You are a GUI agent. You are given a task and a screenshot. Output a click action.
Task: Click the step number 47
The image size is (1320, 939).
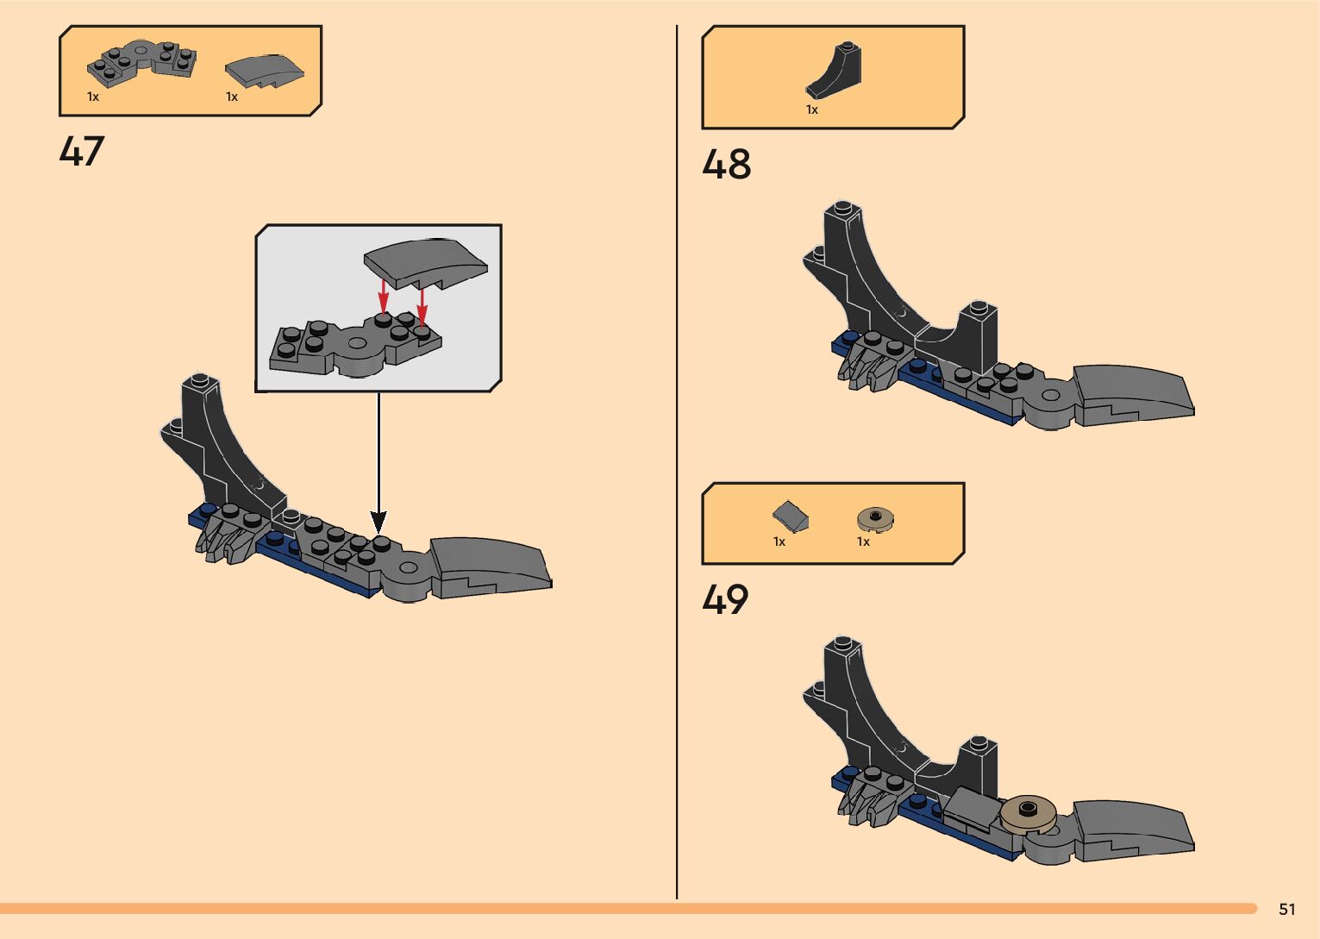pyautogui.click(x=82, y=152)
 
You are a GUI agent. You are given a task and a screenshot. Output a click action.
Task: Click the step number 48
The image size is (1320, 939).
pyautogui.click(x=726, y=165)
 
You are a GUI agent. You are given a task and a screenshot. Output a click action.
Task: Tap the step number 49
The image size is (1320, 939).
pyautogui.click(x=725, y=599)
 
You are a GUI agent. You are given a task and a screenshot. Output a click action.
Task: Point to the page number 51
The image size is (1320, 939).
pyautogui.click(x=1287, y=909)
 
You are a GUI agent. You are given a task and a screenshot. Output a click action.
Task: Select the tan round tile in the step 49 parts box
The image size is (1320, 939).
pyautogui.click(x=875, y=518)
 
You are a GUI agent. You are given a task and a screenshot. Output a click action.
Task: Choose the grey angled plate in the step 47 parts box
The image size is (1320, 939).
pyautogui.click(x=141, y=62)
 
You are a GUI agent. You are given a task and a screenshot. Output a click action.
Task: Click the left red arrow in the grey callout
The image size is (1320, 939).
pyautogui.click(x=384, y=298)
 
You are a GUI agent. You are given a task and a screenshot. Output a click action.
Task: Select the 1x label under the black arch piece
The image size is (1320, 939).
pyautogui.click(x=812, y=110)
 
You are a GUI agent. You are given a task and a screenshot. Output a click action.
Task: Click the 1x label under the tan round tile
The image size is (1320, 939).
pyautogui.click(x=863, y=541)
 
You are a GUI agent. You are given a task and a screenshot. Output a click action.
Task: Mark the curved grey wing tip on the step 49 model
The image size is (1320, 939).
pyautogui.click(x=1134, y=827)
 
